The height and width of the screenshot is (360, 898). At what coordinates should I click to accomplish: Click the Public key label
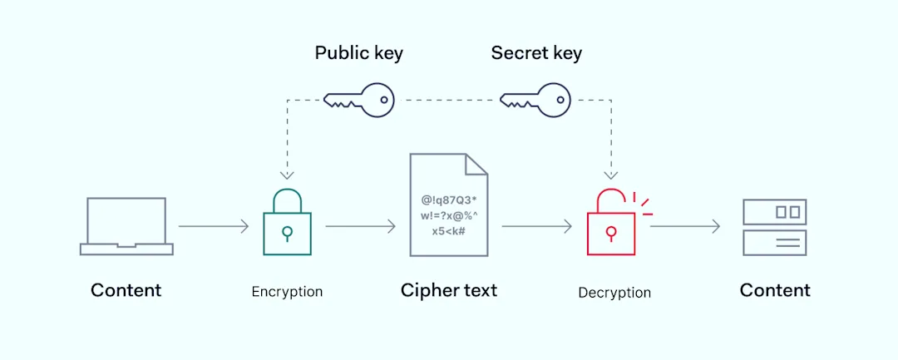click(358, 53)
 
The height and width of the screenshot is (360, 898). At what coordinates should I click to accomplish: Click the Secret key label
click(536, 53)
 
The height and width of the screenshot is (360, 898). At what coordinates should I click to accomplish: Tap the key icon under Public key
click(358, 100)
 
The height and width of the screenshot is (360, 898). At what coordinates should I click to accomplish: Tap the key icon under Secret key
click(535, 100)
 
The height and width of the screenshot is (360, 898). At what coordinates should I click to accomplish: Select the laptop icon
click(126, 225)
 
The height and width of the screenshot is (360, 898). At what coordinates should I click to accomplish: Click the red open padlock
click(612, 224)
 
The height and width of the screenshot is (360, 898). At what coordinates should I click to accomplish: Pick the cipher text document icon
click(448, 205)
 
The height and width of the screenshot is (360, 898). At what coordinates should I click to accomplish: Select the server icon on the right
click(774, 226)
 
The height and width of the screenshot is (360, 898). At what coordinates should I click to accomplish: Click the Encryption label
click(287, 292)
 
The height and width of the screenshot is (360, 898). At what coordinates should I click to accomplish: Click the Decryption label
click(614, 293)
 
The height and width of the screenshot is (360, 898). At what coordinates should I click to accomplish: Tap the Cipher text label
click(448, 290)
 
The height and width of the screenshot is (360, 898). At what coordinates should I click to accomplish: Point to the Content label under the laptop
click(126, 290)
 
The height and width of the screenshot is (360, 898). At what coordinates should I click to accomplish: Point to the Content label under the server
click(775, 290)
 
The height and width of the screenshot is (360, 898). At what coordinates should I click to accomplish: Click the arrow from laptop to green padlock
click(214, 226)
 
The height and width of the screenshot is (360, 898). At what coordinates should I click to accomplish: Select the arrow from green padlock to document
click(360, 226)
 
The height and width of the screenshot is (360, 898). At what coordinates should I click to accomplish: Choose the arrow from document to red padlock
click(537, 226)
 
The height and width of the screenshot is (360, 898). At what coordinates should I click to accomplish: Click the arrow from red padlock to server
click(685, 226)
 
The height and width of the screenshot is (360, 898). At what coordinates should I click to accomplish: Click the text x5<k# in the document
click(448, 231)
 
